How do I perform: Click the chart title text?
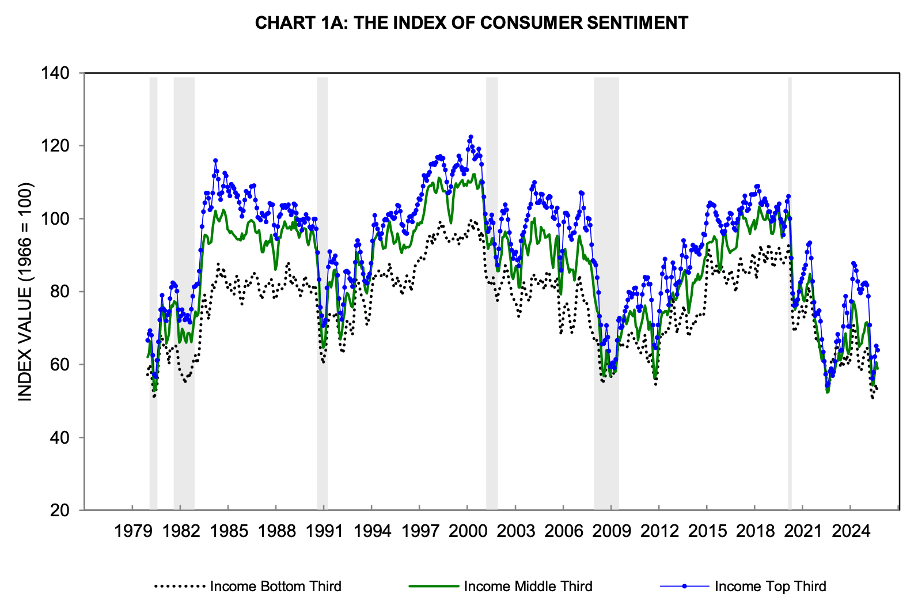point(471,23)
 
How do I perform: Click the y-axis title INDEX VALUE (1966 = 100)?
point(25,292)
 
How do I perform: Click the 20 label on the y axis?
point(59,511)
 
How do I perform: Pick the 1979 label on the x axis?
point(133,531)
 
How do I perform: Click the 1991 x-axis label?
point(324,531)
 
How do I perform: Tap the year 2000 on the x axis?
point(468,531)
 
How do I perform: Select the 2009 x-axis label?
point(611,531)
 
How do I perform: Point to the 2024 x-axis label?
point(850,531)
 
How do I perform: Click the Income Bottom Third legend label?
point(275,587)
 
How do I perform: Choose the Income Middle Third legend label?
point(528,587)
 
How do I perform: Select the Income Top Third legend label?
point(770,587)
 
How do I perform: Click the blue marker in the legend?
point(684,587)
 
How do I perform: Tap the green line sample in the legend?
point(434,587)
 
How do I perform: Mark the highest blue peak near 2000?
point(471,137)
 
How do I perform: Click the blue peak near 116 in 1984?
point(215,161)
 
